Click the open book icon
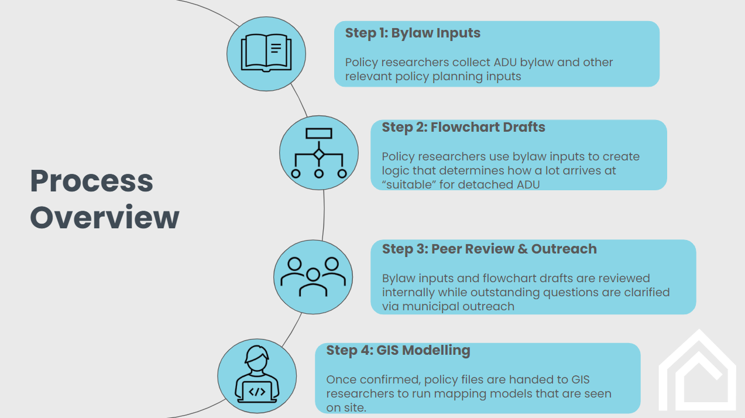coord(266,53)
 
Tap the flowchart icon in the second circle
coord(318,153)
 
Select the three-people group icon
coord(313,277)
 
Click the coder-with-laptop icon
coord(257,374)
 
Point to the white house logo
coord(698,369)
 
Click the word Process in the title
coord(91,181)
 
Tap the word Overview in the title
coord(105,217)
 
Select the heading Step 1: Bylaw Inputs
coord(413,33)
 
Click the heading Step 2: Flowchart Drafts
coord(464,128)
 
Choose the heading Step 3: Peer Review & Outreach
coord(489,249)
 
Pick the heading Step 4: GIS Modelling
coord(398,351)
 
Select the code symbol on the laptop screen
coord(257,392)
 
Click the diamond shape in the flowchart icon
coord(318,155)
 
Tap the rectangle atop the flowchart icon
coord(318,133)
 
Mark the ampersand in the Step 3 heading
coord(522,249)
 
